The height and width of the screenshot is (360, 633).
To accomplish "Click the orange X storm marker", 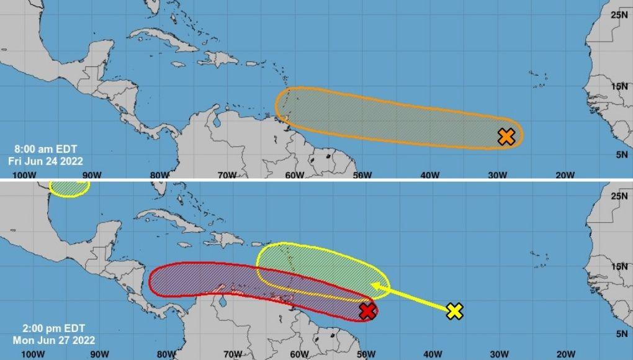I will [x=506, y=137].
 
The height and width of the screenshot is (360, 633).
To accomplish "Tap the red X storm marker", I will [x=367, y=310].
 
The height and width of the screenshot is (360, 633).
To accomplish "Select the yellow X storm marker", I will [x=455, y=311].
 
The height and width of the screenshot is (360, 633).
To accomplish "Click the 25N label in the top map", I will [x=619, y=14].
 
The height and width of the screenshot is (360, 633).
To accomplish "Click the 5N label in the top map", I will [x=621, y=155].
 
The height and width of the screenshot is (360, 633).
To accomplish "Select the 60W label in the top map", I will [x=294, y=175].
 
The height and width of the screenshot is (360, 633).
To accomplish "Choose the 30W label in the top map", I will [x=497, y=175].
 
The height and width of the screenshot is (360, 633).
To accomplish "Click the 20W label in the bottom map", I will [x=565, y=354].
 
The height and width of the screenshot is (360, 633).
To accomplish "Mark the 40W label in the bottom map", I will [x=432, y=354].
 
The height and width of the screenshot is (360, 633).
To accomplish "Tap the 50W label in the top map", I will [x=362, y=175].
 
